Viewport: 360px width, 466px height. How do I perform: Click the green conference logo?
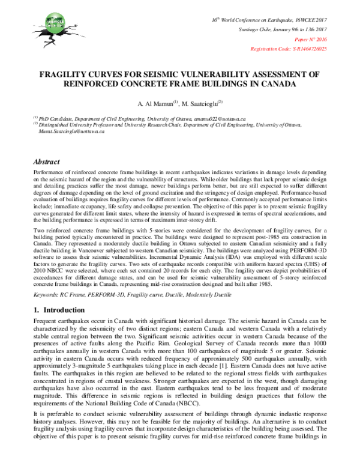pos(43,23)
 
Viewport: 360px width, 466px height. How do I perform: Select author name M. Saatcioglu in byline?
pos(201,103)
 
